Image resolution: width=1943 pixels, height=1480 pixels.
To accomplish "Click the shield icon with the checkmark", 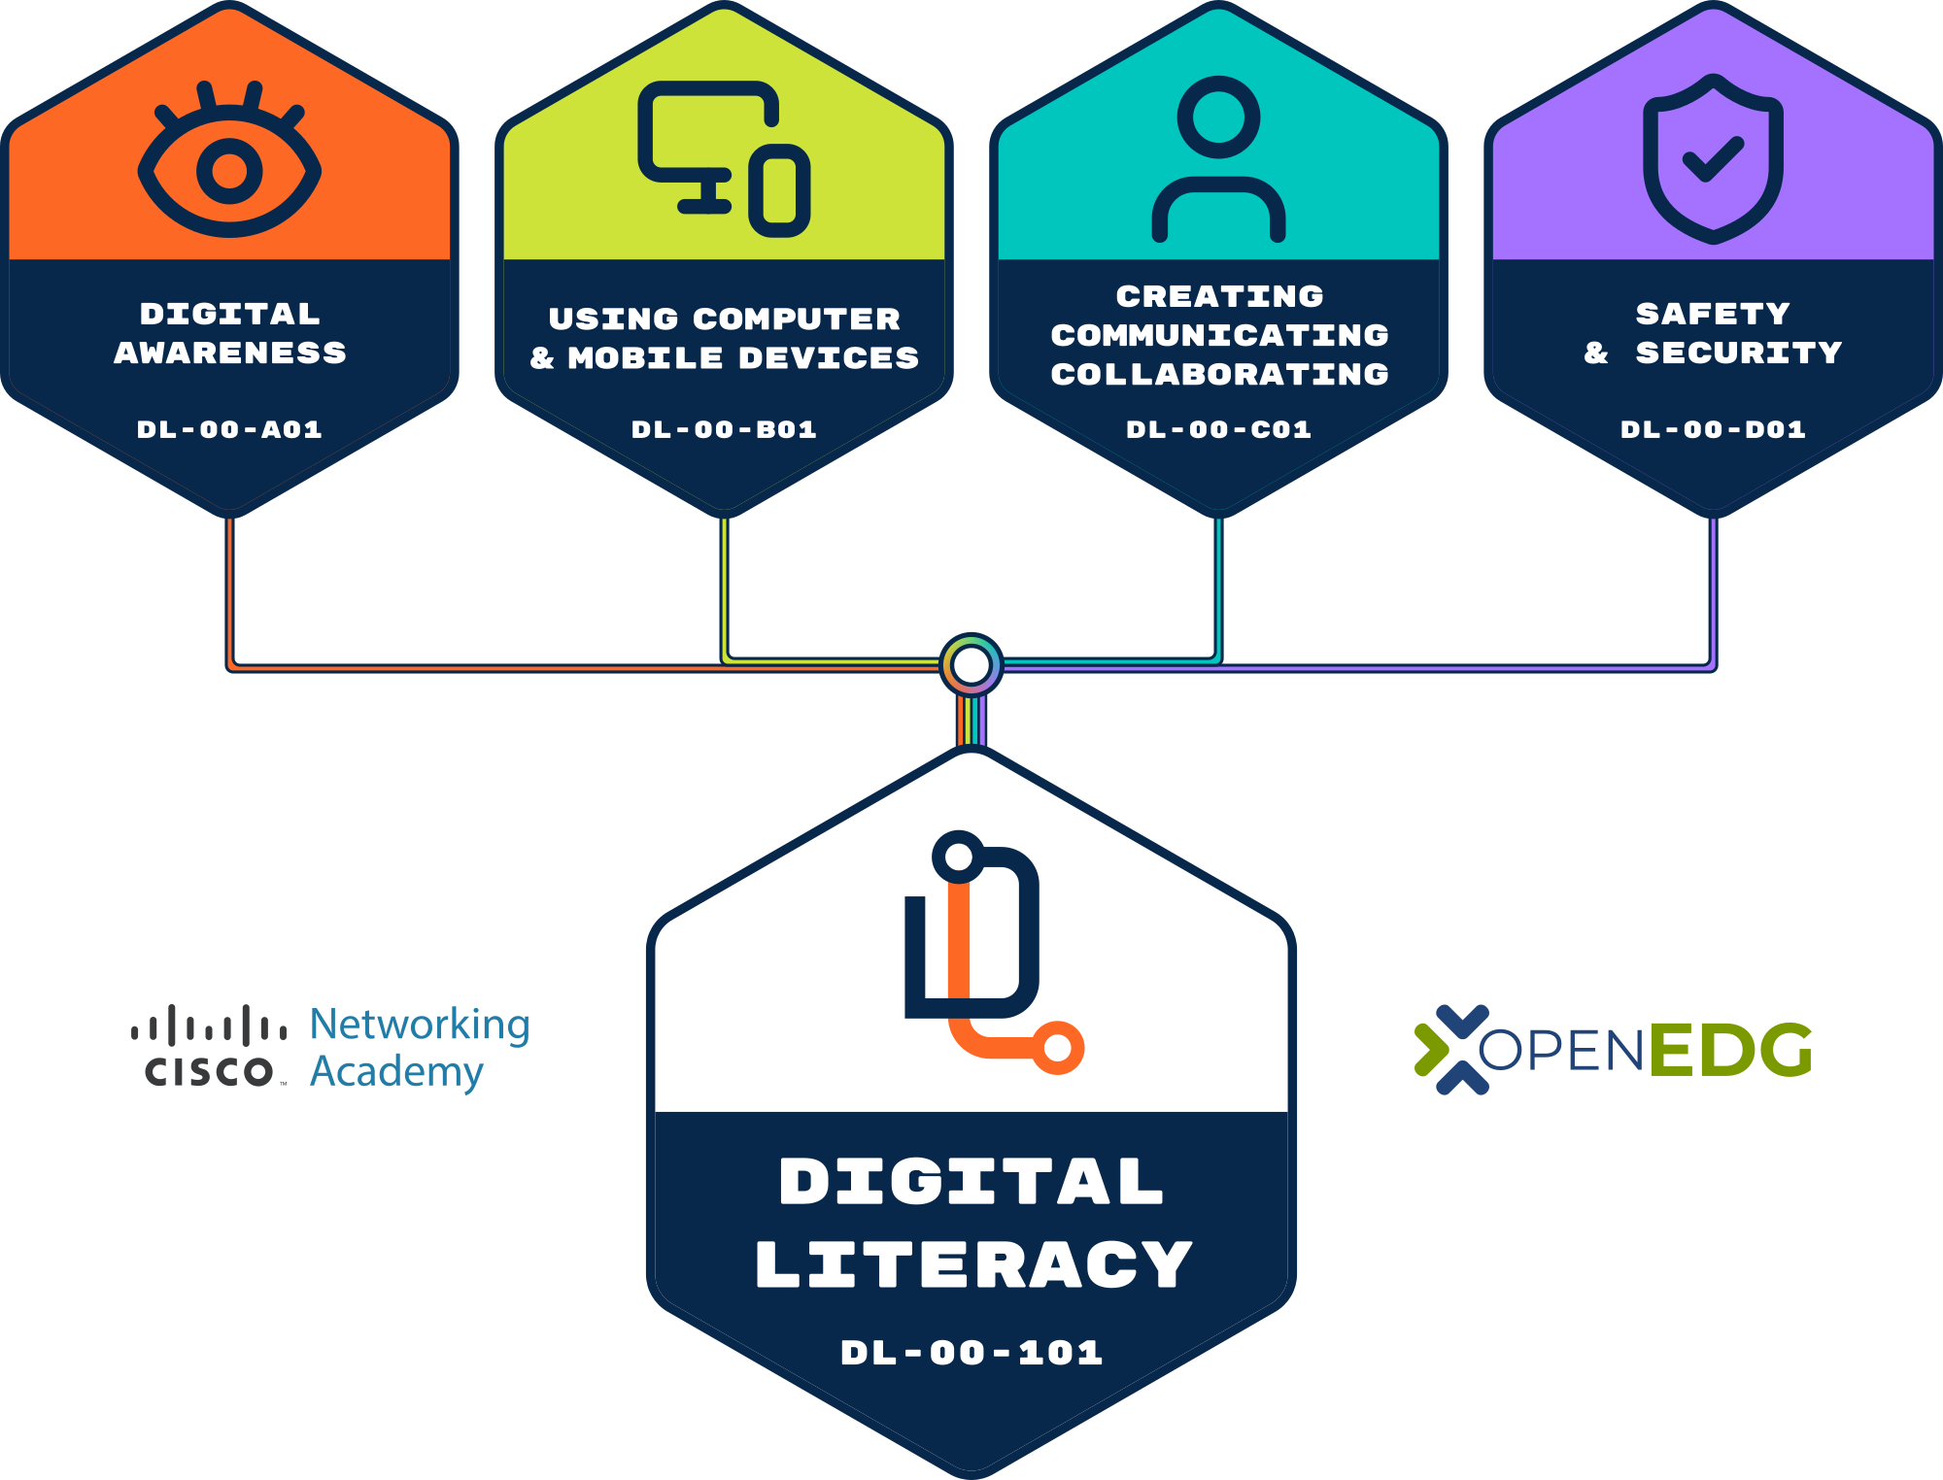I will pyautogui.click(x=1713, y=158).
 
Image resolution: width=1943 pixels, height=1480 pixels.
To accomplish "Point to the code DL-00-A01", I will pyautogui.click(x=229, y=429).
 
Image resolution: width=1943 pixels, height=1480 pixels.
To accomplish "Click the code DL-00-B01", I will pyautogui.click(x=724, y=429).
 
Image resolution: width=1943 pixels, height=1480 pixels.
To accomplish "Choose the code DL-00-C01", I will pyautogui.click(x=1218, y=429).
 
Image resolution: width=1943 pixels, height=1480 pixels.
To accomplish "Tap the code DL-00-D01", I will pyautogui.click(x=1713, y=429).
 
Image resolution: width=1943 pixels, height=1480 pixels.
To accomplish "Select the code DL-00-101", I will pyautogui.click(x=971, y=1352).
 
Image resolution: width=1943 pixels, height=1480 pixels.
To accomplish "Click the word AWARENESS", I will pyautogui.click(x=230, y=353).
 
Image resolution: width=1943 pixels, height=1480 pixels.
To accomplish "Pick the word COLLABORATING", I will pyautogui.click(x=1219, y=374).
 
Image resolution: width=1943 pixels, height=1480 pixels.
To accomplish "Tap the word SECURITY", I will pyautogui.click(x=1738, y=353).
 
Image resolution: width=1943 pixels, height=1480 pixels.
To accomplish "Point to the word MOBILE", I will pyautogui.click(x=645, y=357).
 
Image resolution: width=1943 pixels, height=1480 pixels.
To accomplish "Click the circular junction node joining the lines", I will pyautogui.click(x=971, y=665).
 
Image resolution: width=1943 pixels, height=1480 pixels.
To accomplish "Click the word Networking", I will pyautogui.click(x=420, y=1025).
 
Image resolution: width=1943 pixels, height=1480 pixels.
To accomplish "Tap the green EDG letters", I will pyautogui.click(x=1730, y=1050).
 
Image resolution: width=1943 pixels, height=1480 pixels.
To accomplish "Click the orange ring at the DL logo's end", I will pyautogui.click(x=1058, y=1048).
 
